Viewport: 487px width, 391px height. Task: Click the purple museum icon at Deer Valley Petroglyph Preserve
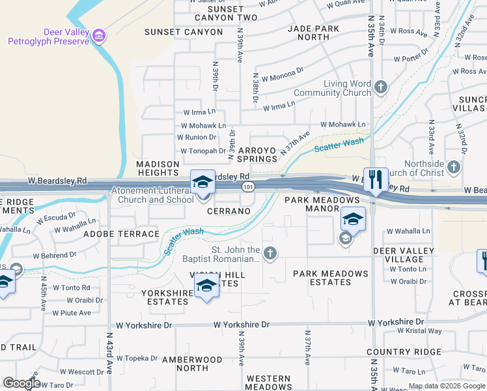click(x=99, y=34)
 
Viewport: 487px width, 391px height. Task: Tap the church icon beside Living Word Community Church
click(x=381, y=87)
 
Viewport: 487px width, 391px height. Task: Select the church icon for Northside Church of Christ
click(x=454, y=168)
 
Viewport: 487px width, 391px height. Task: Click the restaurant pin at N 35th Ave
click(x=376, y=179)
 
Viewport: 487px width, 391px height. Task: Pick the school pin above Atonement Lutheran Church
click(x=202, y=182)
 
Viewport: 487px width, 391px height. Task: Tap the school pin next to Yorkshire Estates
click(x=206, y=286)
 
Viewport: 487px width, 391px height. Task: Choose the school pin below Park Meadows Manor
click(x=352, y=220)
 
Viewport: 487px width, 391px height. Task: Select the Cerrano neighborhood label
click(x=229, y=212)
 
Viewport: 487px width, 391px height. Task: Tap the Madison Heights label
click(x=158, y=168)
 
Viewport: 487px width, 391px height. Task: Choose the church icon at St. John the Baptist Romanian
click(x=270, y=253)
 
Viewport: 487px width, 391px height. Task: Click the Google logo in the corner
click(x=21, y=383)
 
